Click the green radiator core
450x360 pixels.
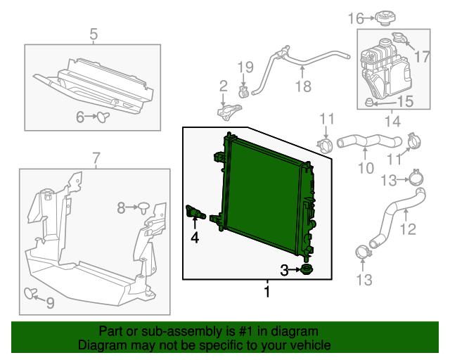[264, 190]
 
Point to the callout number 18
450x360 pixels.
[302, 87]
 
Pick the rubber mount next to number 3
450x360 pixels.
[307, 270]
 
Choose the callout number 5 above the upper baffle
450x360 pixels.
[94, 33]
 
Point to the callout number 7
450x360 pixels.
[96, 157]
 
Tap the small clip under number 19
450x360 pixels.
[243, 91]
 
